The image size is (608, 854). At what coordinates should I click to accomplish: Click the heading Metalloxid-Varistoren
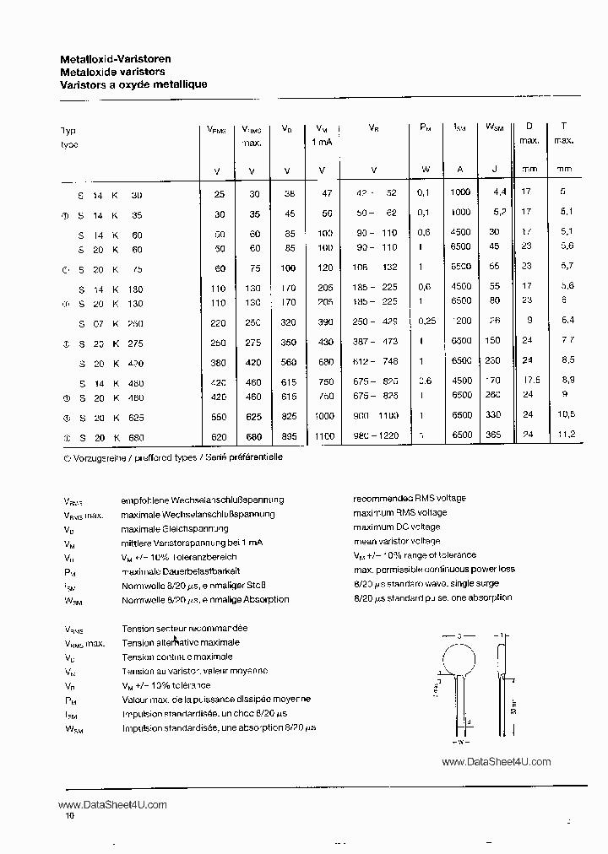pyautogui.click(x=116, y=59)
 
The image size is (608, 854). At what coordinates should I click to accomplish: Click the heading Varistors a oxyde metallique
pyautogui.click(x=133, y=84)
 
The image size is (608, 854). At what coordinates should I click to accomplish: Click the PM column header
pyautogui.click(x=425, y=128)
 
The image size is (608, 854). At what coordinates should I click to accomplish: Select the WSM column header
pyautogui.click(x=494, y=128)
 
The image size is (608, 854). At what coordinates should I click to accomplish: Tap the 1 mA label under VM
pyautogui.click(x=322, y=142)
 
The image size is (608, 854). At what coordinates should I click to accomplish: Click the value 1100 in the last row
pyautogui.click(x=323, y=436)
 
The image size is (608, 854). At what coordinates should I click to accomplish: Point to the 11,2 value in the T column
pyautogui.click(x=566, y=434)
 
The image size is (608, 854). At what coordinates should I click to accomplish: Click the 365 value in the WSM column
pyautogui.click(x=493, y=435)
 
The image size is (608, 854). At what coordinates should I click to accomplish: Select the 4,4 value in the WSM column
pyautogui.click(x=497, y=192)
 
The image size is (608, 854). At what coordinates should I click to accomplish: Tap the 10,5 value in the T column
pyautogui.click(x=566, y=415)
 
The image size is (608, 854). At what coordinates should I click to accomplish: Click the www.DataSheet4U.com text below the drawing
pyautogui.click(x=496, y=761)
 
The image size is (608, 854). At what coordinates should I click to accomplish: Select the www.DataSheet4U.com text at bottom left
pyautogui.click(x=114, y=804)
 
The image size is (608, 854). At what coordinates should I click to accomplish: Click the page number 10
pyautogui.click(x=70, y=816)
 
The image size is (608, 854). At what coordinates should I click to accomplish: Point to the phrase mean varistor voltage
pyautogui.click(x=396, y=541)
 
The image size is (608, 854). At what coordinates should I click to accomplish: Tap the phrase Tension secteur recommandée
pyautogui.click(x=184, y=629)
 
